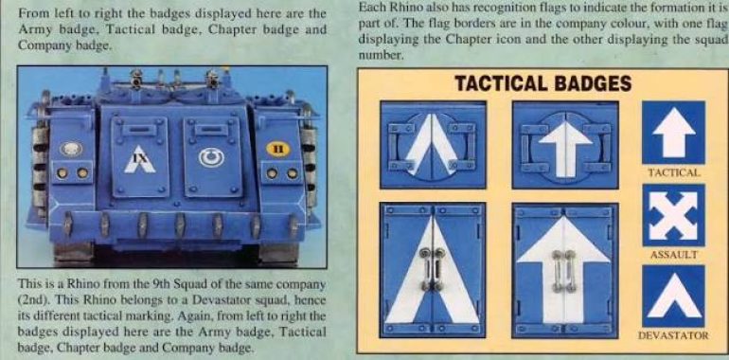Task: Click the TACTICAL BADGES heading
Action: coord(543,83)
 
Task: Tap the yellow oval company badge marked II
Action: coord(278,150)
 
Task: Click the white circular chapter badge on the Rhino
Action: coord(211,157)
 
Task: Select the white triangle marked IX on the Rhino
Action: coord(139,159)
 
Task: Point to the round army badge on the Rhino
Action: coord(71,149)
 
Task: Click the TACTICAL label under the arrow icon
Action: coord(674,173)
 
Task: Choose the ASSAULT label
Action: coord(674,255)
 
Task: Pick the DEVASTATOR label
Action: coord(674,335)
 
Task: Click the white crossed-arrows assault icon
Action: coord(674,215)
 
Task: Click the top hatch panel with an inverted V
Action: coord(433,145)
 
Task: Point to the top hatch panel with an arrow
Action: coord(565,145)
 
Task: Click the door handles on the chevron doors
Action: coord(433,269)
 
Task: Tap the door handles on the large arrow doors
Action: coord(564,271)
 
